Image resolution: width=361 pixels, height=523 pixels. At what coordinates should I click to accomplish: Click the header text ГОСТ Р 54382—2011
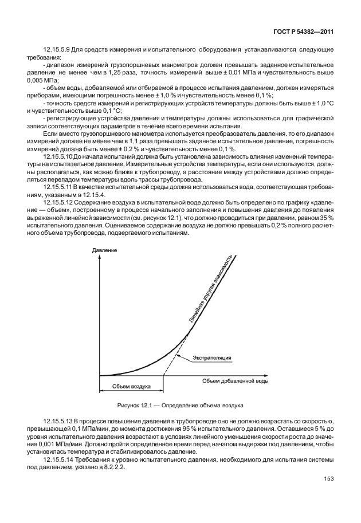pyautogui.click(x=308, y=32)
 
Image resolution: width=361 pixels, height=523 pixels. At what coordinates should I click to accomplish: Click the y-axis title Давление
pyautogui.click(x=104, y=251)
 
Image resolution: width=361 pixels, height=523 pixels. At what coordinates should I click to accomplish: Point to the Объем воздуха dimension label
pyautogui.click(x=131, y=387)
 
